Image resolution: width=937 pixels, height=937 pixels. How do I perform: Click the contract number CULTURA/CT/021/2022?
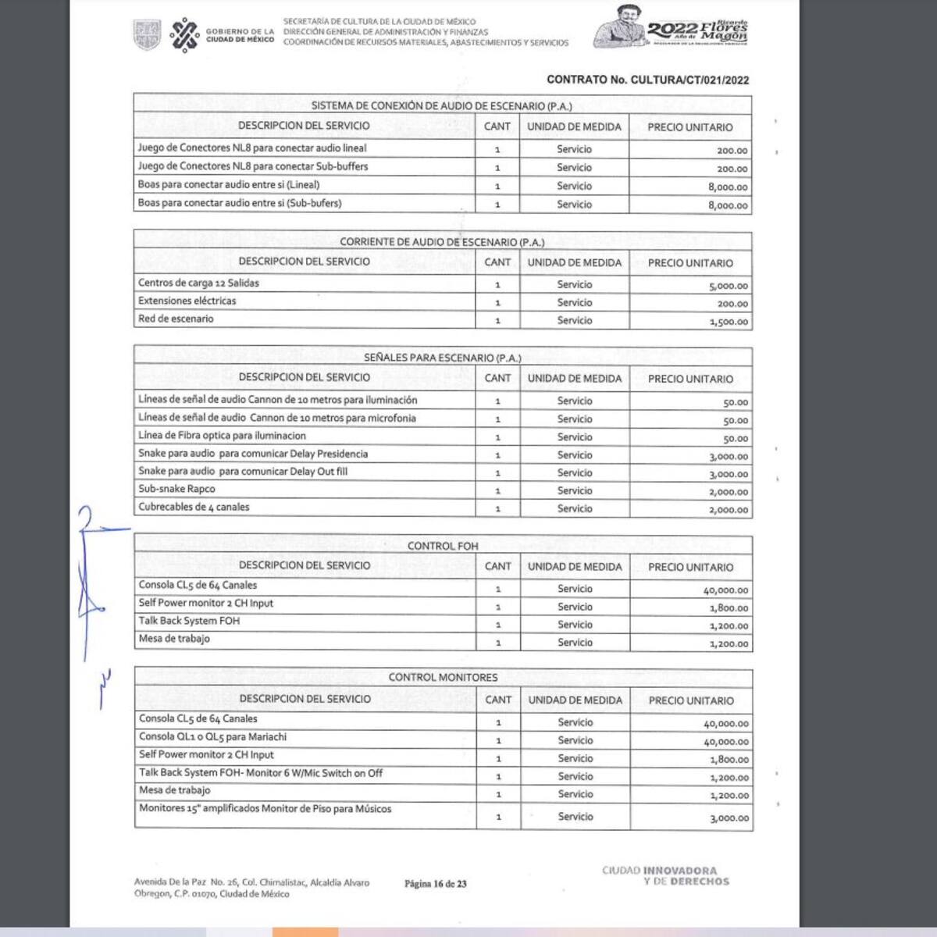647,80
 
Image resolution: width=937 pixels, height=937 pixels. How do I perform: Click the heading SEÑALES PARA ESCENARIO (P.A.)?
442,358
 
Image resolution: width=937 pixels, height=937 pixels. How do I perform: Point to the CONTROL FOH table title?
442,546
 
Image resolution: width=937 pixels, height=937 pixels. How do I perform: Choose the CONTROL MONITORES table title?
443,677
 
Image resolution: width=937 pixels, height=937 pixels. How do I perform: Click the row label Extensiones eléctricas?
187,301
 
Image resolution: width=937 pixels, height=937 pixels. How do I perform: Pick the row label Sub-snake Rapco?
176,490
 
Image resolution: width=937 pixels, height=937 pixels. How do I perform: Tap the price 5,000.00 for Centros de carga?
728,287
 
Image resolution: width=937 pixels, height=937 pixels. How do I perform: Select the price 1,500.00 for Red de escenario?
728,322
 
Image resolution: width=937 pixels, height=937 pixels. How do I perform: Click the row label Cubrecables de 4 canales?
194,508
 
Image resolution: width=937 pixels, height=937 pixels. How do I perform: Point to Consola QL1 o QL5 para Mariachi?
212,737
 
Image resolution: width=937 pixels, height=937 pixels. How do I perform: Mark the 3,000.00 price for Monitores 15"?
729,818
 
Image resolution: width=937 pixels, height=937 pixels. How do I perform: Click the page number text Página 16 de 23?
435,884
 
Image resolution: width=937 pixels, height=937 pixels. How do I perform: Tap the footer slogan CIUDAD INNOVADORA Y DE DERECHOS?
665,876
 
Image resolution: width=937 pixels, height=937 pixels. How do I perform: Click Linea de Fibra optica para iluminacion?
222,436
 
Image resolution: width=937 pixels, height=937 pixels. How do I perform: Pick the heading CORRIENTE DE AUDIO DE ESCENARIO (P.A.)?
442,242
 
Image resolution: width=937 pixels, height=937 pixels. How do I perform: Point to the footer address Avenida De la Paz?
251,888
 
